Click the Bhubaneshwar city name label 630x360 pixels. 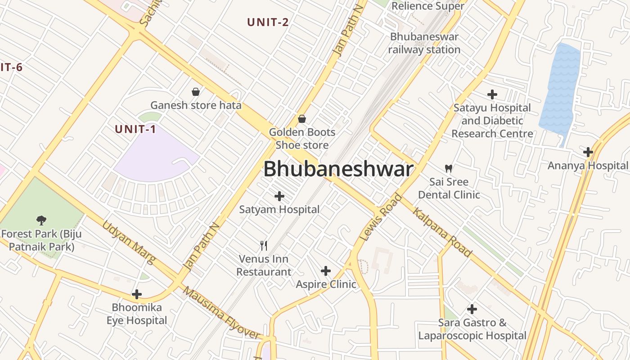coord(338,169)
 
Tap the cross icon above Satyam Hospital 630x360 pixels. coord(279,196)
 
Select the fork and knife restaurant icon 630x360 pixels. coord(264,246)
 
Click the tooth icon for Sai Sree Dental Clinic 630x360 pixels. coord(448,169)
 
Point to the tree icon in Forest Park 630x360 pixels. coord(41,220)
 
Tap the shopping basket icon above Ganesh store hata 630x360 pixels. coord(196,92)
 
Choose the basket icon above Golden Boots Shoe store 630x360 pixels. coord(302,119)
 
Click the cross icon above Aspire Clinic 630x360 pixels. coord(326,271)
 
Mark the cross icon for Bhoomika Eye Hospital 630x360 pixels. coord(137,294)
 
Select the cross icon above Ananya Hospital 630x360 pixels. coord(588,152)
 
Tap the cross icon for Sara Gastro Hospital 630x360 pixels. coord(472,309)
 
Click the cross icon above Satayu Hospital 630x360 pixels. coord(492,94)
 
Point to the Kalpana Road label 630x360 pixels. coord(442,232)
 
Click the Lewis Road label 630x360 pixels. coord(381,217)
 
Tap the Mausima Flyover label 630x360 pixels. coord(221,313)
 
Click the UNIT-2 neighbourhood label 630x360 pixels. coord(268,22)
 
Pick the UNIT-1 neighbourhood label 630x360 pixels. coord(135,129)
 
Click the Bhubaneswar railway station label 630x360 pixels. coord(424,43)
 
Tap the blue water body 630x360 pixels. coord(559,90)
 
